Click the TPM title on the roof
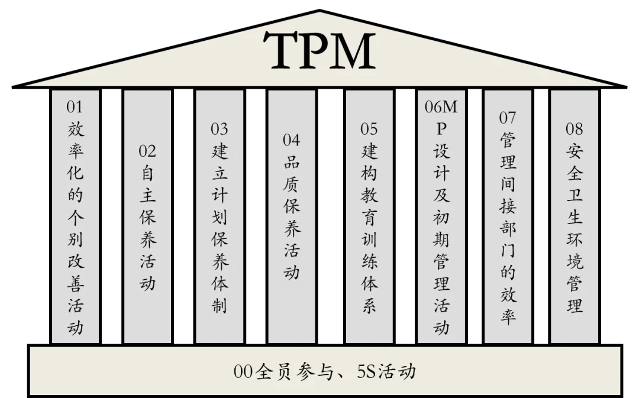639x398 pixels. [x=319, y=51]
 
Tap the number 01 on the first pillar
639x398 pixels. [x=75, y=107]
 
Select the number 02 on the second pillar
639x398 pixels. [x=147, y=151]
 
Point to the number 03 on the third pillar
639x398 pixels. [x=220, y=129]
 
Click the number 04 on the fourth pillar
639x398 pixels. [x=291, y=140]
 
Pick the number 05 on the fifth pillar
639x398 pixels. [x=369, y=129]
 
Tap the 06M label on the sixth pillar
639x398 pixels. [x=441, y=107]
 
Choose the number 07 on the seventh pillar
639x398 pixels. [x=508, y=118]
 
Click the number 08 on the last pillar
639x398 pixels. [x=574, y=129]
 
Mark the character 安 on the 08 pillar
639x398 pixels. [x=574, y=151]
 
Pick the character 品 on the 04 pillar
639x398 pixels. [x=291, y=163]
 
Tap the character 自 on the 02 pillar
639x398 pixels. [x=147, y=173]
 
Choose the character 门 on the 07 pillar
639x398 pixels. [x=508, y=250]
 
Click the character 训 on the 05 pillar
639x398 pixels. [x=369, y=240]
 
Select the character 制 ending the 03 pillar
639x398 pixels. [x=220, y=306]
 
